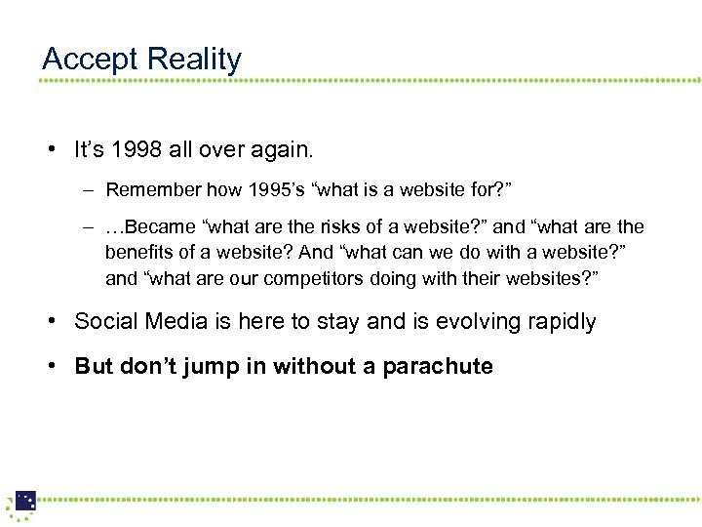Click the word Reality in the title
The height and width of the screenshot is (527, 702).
pyautogui.click(x=193, y=60)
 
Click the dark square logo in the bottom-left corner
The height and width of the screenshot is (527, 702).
pyautogui.click(x=24, y=501)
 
